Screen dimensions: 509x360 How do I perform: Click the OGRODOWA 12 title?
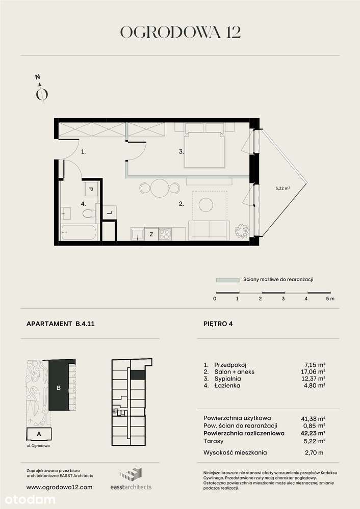pyautogui.click(x=180, y=32)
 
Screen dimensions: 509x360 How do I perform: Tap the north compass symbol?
pyautogui.click(x=42, y=92)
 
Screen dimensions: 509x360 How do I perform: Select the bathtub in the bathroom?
pyautogui.click(x=79, y=232)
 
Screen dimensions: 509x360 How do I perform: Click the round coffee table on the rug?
pyautogui.click(x=206, y=204)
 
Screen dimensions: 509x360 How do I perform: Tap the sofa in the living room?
pyautogui.click(x=209, y=230)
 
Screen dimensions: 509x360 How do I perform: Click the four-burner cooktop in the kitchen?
pyautogui.click(x=165, y=234)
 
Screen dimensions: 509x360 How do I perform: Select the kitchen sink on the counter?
pyautogui.click(x=137, y=234)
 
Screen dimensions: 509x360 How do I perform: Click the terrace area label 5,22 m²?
pyautogui.click(x=283, y=188)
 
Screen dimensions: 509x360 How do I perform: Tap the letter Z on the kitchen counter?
pyautogui.click(x=151, y=235)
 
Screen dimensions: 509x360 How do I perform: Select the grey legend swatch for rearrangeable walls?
pyautogui.click(x=227, y=280)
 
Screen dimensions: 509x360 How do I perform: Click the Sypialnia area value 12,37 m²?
pyautogui.click(x=314, y=379)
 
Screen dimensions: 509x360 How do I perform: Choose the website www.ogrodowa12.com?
pyautogui.click(x=59, y=487)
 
